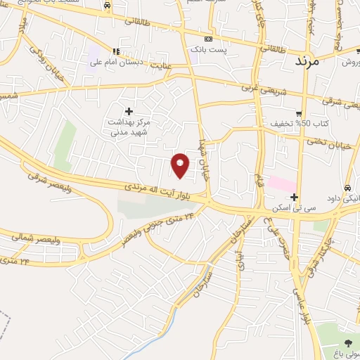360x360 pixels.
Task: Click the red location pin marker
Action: click(181, 165)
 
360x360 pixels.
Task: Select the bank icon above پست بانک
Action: click(207, 39)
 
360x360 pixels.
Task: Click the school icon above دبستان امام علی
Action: click(117, 51)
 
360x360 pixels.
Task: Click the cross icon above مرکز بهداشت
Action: click(129, 110)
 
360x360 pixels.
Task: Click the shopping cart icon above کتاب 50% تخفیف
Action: click(299, 114)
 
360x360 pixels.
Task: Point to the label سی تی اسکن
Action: click(295, 208)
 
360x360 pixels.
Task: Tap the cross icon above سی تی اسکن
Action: click(295, 198)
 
